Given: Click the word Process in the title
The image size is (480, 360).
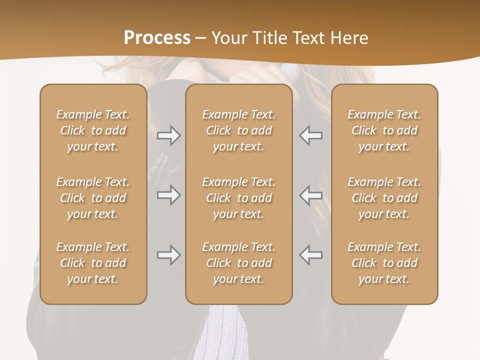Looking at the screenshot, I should (x=157, y=38).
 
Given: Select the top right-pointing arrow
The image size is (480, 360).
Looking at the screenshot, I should (x=168, y=135).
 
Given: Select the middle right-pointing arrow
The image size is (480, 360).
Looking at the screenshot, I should (x=168, y=195).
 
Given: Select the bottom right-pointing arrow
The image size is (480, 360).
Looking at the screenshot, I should (x=168, y=255).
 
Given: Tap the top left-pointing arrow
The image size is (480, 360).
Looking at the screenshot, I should (x=310, y=135).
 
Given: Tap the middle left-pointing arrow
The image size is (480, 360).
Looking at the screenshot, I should (x=310, y=195).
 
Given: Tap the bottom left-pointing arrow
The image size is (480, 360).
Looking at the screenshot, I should (x=310, y=255).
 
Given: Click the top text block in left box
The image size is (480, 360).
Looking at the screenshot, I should (x=93, y=130).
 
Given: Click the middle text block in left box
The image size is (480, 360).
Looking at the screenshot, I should (x=93, y=198).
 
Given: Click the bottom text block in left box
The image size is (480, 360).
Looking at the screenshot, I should (x=93, y=263).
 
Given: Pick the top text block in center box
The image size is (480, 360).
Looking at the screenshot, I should (x=238, y=130).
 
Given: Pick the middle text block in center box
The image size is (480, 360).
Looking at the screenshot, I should (x=238, y=198).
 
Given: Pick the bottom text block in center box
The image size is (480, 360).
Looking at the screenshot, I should (x=238, y=263).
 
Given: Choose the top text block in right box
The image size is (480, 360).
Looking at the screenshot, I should (x=384, y=130).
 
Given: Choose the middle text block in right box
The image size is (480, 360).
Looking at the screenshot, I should (x=384, y=198).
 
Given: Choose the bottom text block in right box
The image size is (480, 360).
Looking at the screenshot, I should (x=384, y=263).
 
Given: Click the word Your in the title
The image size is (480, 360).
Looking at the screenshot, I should (x=229, y=38).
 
